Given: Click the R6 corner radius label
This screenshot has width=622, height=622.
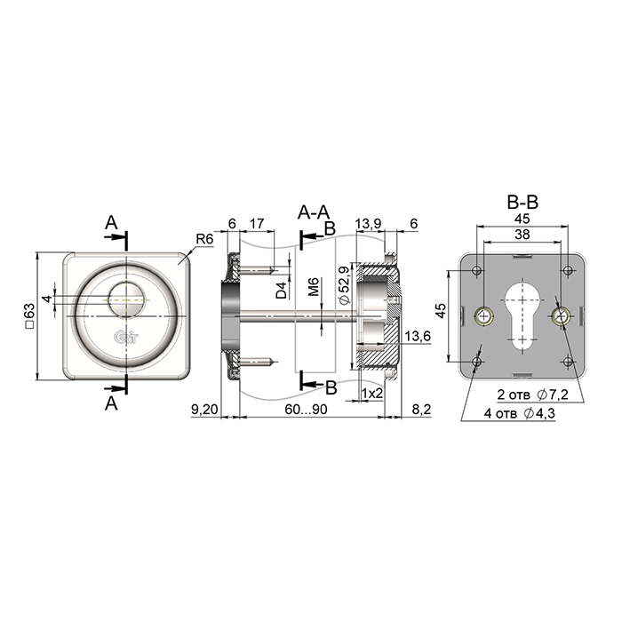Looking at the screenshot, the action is (204, 239).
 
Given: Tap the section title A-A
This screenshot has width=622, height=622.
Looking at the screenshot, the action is (314, 212).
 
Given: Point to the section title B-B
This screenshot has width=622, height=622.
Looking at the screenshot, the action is (522, 203).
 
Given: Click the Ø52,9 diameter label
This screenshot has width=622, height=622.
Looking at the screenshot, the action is (345, 285).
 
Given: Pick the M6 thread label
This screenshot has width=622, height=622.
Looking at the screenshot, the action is (314, 287).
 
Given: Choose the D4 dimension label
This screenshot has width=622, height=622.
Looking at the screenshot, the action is (282, 291).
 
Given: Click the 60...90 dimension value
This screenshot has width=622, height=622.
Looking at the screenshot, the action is (306, 410).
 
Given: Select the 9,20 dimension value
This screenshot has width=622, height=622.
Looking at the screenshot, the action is (204, 410).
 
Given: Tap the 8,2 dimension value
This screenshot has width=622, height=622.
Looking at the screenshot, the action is (421, 410).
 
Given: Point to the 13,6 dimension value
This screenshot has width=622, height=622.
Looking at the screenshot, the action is (418, 337).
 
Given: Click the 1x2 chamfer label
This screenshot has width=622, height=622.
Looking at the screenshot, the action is (372, 393).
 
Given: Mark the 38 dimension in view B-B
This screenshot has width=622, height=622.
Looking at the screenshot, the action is (522, 234).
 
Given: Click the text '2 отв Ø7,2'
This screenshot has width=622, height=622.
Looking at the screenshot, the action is (533, 395).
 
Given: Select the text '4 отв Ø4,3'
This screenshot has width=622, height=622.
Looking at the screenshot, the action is (519, 413).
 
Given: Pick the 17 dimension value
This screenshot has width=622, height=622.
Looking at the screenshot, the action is (257, 224).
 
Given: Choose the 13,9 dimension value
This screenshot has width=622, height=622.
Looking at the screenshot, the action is (368, 224).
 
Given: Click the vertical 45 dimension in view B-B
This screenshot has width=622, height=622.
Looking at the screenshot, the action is (441, 310).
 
